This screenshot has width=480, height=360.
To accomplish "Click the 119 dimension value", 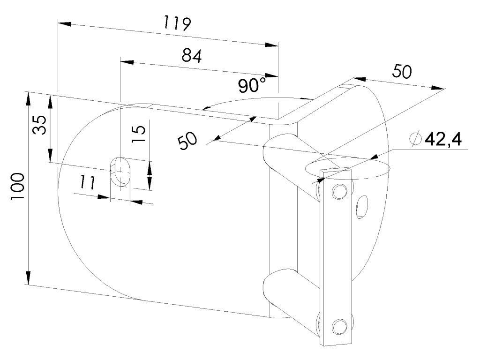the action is coord(178,23).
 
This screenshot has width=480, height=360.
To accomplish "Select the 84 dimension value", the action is coord(192,56).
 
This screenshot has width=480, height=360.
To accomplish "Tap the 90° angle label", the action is coord(252,85).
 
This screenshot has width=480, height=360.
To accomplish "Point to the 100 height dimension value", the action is coord(17,187).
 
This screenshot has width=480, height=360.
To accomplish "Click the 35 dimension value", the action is coord(39,125).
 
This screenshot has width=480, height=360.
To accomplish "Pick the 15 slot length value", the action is coord(138,134).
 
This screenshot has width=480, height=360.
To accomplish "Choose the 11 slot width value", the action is coord(88,182).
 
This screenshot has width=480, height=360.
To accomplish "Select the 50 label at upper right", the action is coord(402,71).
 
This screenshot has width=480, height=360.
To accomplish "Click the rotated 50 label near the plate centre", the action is coord(187,141).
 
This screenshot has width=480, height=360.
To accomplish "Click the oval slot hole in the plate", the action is coord(120,172).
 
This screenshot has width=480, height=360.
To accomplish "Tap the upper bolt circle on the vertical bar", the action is coord(339,192).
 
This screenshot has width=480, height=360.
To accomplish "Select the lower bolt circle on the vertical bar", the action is coord(340,326).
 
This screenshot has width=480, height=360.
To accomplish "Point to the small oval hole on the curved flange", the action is coord(362,207).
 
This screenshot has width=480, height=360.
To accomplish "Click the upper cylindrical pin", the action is coord(291,165).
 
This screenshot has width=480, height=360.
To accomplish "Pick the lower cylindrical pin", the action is coord(291,299).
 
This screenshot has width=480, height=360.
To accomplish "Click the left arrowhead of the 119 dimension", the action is coord(65,23).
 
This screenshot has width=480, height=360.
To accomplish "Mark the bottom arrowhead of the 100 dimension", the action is coord(28,277).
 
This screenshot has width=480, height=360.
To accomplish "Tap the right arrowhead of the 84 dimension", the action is coord(271,75).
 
